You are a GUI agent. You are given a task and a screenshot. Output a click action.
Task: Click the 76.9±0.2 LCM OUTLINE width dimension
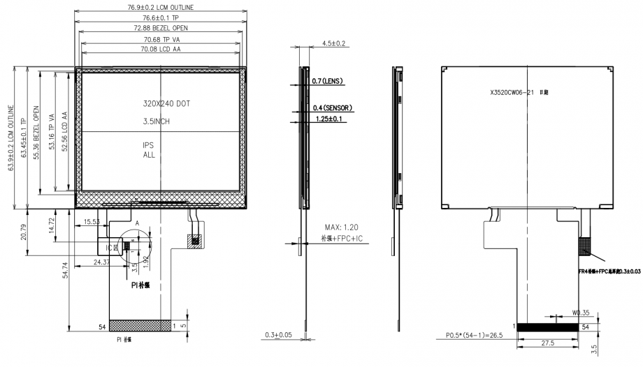click(x=160, y=7)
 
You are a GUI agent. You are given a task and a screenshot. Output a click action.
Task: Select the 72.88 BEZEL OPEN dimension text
click(x=161, y=28)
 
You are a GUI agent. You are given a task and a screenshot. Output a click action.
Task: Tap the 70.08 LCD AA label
click(x=161, y=50)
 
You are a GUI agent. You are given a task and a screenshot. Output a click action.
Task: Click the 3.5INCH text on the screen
click(x=157, y=121)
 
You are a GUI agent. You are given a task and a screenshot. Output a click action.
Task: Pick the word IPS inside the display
click(x=149, y=145)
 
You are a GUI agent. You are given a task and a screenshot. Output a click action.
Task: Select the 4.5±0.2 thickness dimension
click(x=333, y=43)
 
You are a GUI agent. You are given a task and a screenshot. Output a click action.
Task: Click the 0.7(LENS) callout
click(x=326, y=82)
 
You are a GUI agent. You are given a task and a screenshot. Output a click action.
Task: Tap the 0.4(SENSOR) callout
click(x=332, y=108)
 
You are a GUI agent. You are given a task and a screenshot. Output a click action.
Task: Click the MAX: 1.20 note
click(x=342, y=228)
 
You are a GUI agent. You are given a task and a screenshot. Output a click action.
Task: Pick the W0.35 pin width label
click(x=581, y=313)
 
